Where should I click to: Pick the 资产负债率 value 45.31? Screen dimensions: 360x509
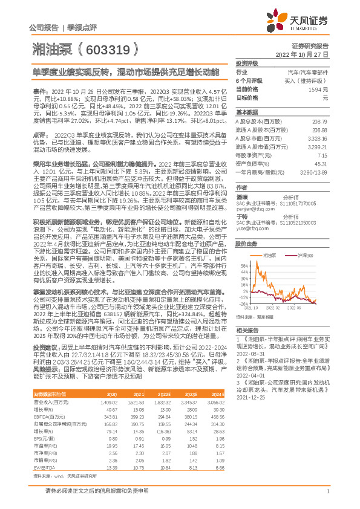(x=320, y=163)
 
